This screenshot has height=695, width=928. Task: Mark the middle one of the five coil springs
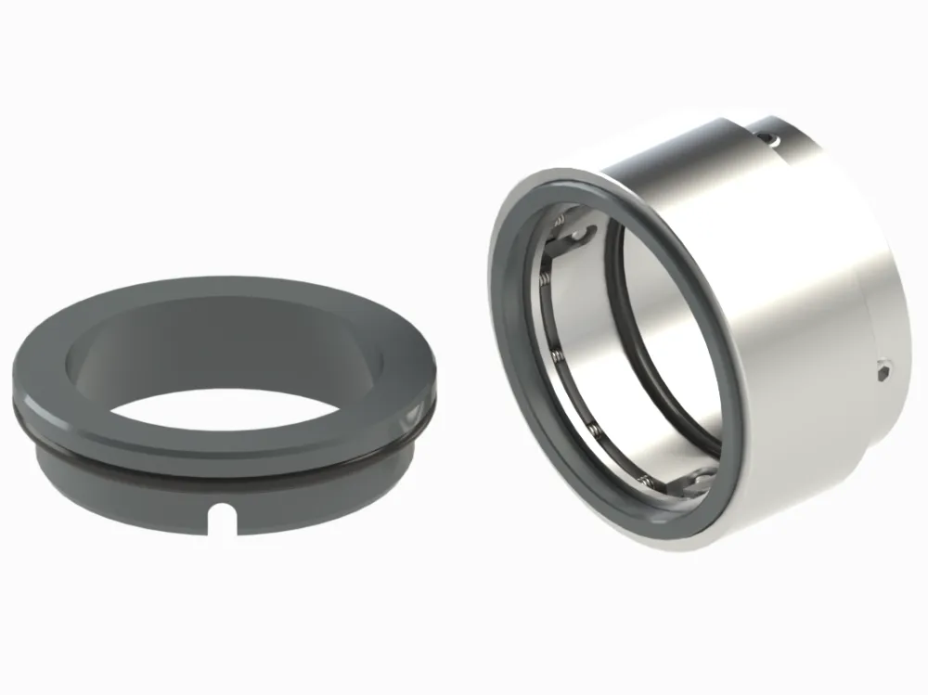pos(554,357)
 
